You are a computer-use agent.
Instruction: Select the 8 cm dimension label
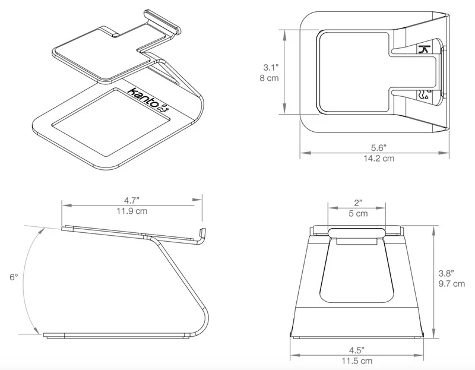[269, 78]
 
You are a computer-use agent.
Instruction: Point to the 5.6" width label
[379, 148]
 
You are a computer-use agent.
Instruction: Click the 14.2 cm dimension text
[379, 158]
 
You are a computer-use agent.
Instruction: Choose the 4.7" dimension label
[132, 200]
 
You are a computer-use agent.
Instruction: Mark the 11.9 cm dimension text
[132, 211]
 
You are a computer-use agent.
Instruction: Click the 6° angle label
[14, 277]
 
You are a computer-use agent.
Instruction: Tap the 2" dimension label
[358, 203]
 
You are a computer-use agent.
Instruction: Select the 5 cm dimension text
[358, 213]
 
